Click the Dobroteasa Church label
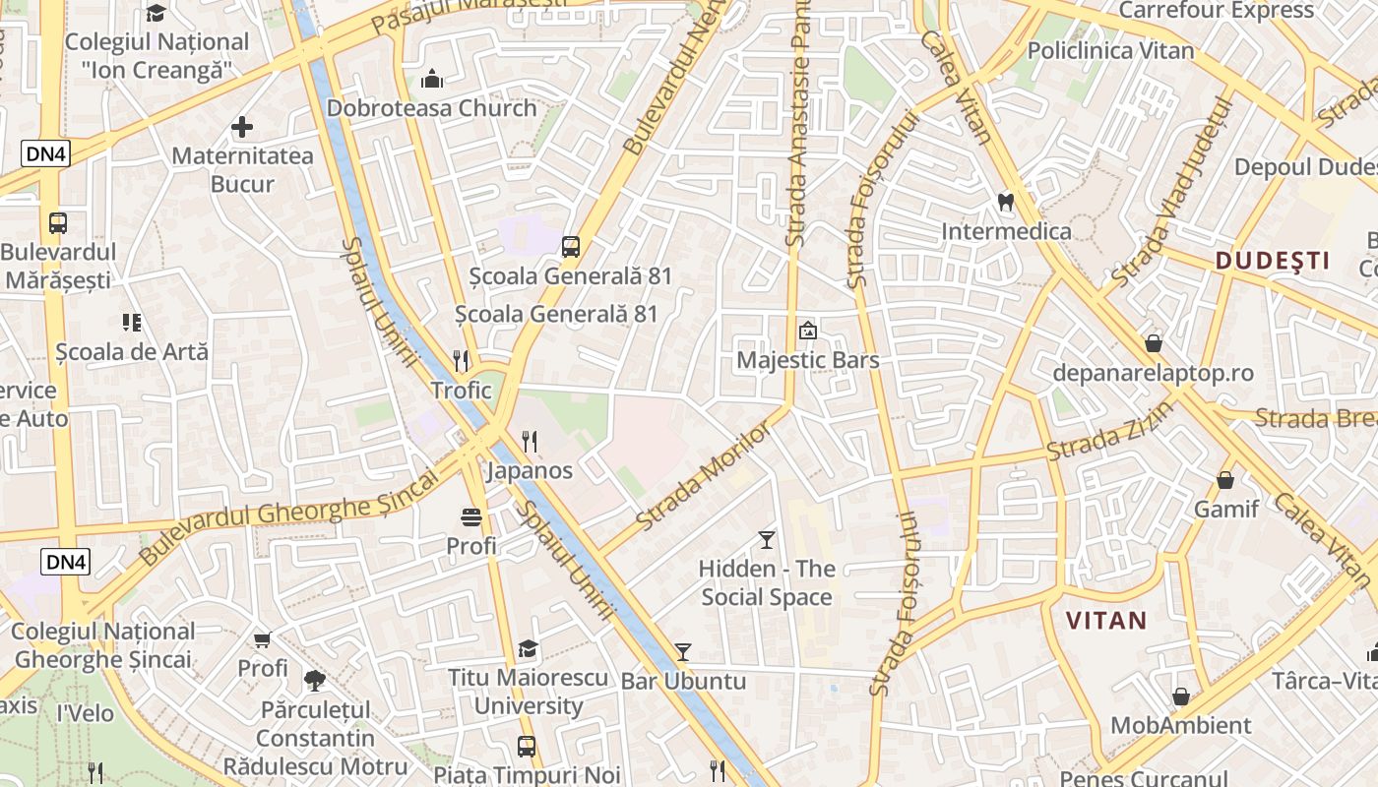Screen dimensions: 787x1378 (x=431, y=108)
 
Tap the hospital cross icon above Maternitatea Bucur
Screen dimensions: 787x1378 (x=242, y=127)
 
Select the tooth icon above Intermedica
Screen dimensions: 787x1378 (x=1005, y=203)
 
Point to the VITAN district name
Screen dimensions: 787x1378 (x=1107, y=621)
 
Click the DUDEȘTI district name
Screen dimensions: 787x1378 (x=1272, y=261)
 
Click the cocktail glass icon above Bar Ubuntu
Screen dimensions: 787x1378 (x=682, y=652)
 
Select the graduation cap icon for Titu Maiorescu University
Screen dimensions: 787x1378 (x=529, y=649)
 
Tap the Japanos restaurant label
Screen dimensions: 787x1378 (x=530, y=470)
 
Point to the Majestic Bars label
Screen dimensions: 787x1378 (x=807, y=360)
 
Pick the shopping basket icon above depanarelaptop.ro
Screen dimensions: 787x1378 (x=1153, y=343)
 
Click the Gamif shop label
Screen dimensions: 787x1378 (x=1225, y=509)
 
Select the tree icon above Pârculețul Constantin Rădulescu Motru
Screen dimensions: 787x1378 (x=314, y=680)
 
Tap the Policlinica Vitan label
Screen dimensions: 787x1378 (x=1110, y=50)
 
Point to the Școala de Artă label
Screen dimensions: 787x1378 (x=132, y=351)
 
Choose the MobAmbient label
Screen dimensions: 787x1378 (x=1180, y=726)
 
